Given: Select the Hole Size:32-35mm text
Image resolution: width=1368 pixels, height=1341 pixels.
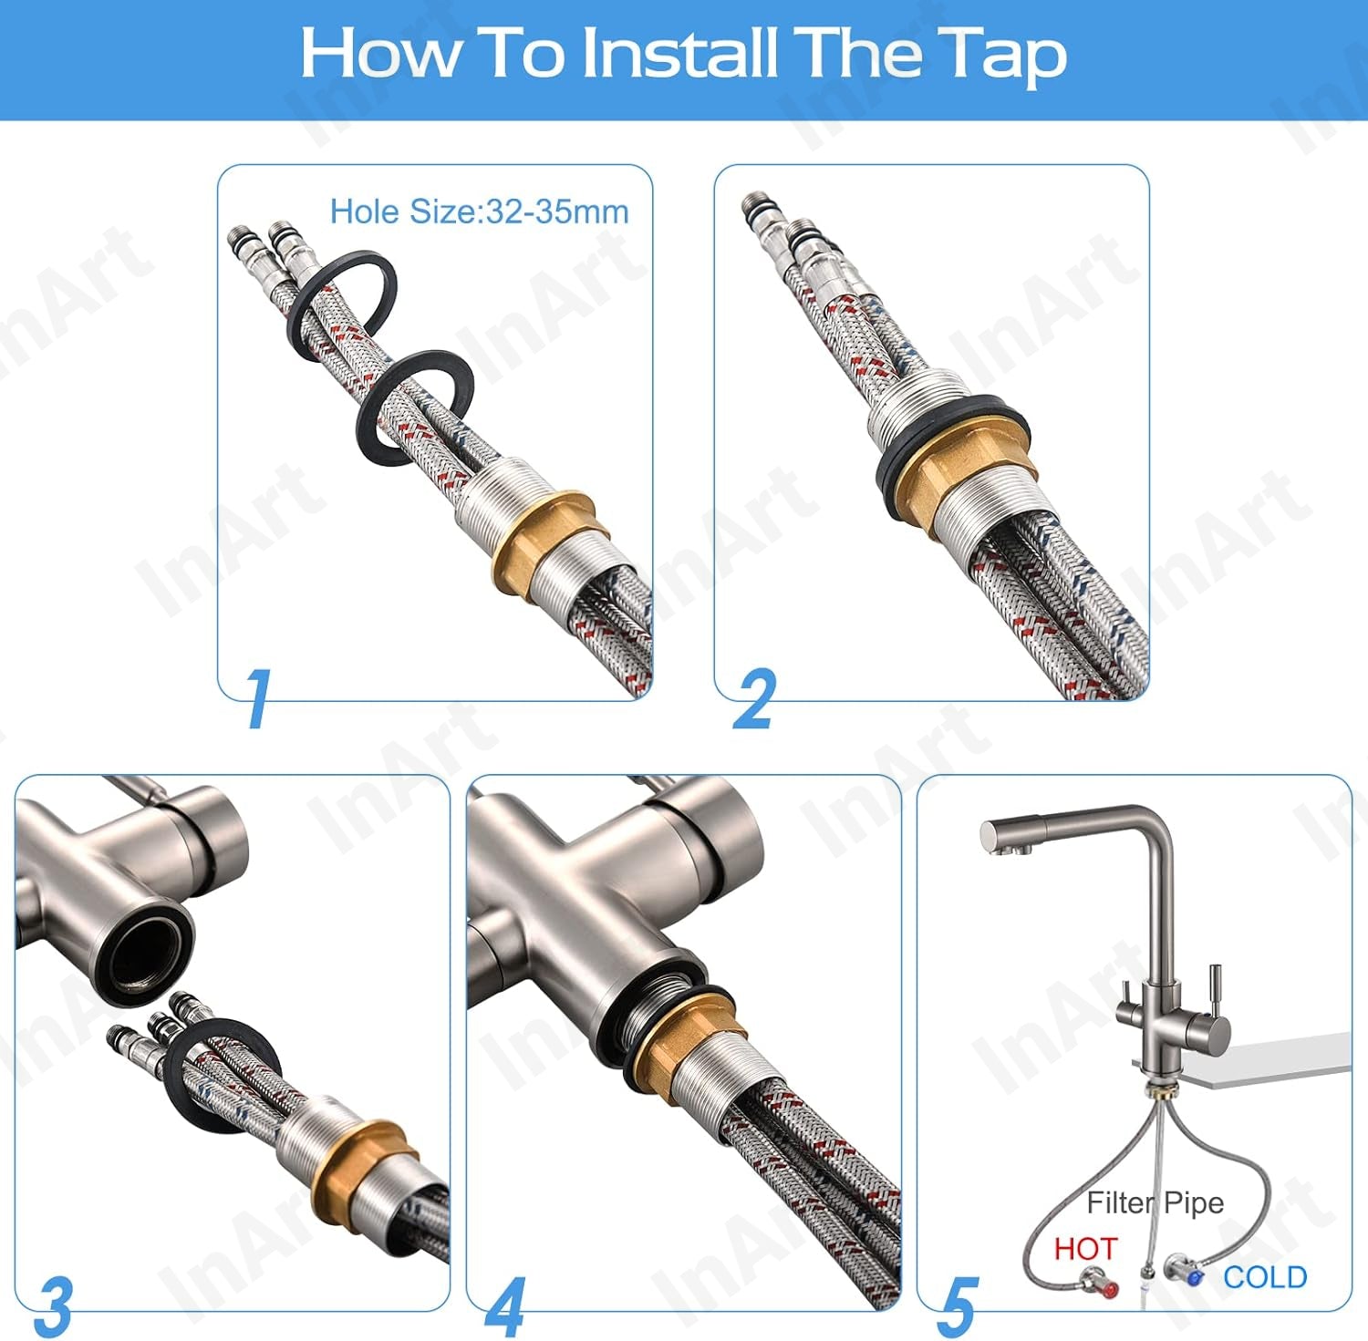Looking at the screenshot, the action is pyautogui.click(x=479, y=211).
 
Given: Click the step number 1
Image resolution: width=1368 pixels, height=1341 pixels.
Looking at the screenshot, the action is pyautogui.click(x=259, y=698).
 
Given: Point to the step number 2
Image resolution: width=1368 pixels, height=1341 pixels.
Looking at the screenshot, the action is pyautogui.click(x=754, y=698).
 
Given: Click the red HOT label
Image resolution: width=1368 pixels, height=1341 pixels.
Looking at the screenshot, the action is pyautogui.click(x=1085, y=1248).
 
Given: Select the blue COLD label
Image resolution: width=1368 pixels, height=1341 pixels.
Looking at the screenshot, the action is pyautogui.click(x=1265, y=1277).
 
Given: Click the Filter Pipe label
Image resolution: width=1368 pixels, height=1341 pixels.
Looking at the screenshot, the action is pyautogui.click(x=1155, y=1203).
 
